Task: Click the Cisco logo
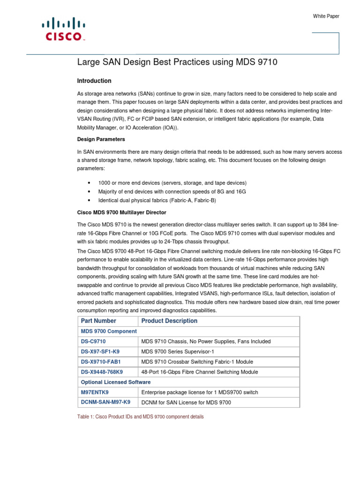[63, 30]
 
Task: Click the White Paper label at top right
[326, 16]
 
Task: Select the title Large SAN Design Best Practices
[174, 62]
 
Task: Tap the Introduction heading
[94, 81]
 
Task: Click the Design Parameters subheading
[101, 139]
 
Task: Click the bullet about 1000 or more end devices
[172, 183]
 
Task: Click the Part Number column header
[98, 321]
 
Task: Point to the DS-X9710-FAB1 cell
[101, 362]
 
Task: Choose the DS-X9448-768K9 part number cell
[102, 372]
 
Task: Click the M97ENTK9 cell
[95, 392]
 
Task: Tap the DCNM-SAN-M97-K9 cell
[105, 402]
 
